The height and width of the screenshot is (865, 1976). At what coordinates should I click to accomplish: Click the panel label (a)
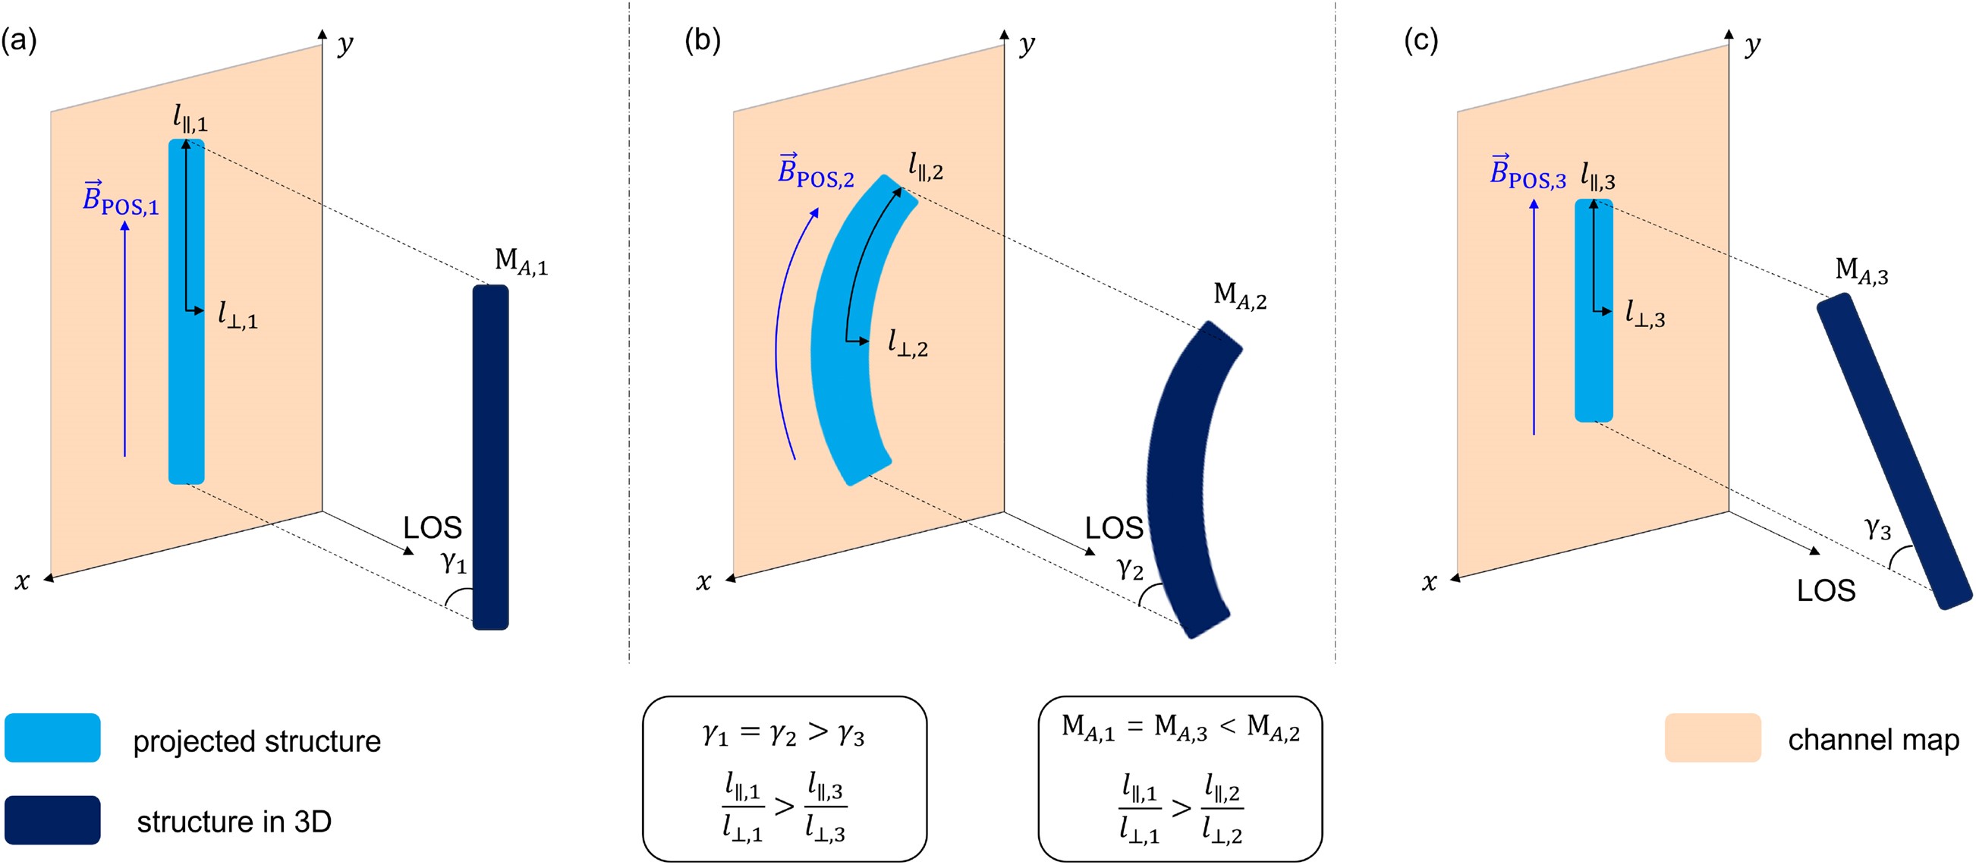tap(18, 40)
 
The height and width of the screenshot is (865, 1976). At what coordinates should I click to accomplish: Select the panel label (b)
tap(702, 40)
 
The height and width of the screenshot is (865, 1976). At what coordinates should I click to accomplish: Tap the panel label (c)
tap(1421, 40)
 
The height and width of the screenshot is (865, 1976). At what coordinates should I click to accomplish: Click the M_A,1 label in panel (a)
tap(521, 262)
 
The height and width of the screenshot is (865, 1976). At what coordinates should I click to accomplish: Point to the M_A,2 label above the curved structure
tap(1240, 295)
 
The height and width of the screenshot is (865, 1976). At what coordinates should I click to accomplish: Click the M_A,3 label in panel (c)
tap(1861, 272)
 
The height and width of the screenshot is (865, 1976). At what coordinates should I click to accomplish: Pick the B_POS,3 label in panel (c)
tap(1527, 172)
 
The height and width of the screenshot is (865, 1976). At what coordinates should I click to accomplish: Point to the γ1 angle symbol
tap(453, 564)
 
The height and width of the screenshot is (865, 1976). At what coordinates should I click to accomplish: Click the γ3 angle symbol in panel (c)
tap(1877, 528)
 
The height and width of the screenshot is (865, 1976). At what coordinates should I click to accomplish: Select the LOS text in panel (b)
tap(1113, 528)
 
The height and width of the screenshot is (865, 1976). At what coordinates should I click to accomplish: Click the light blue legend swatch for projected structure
tap(52, 738)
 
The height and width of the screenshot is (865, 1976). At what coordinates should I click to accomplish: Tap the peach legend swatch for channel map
tap(1712, 738)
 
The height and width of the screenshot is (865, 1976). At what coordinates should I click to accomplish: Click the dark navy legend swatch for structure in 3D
tap(52, 819)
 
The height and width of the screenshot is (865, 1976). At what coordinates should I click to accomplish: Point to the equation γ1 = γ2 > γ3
tap(783, 734)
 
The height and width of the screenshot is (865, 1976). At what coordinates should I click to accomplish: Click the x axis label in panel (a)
tap(21, 582)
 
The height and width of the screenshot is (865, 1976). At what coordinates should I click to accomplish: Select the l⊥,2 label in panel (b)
tap(908, 344)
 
